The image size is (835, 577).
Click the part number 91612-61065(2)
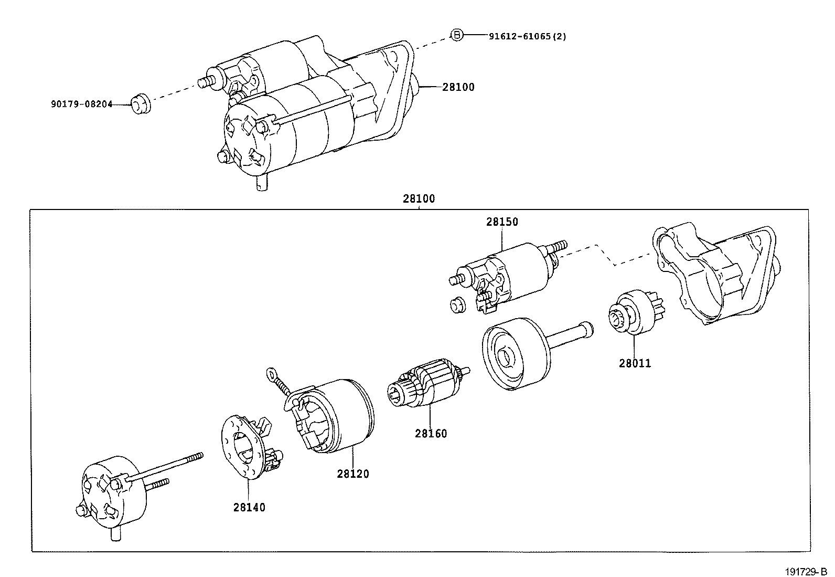point(527,36)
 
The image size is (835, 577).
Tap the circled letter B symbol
point(457,35)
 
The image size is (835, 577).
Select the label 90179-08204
point(81,104)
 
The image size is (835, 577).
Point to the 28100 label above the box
point(419,199)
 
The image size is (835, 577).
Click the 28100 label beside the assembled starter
point(458,87)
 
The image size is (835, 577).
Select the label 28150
point(501,222)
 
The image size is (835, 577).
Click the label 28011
point(635,363)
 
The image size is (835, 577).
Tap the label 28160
point(431,434)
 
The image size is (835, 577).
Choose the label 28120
point(353,474)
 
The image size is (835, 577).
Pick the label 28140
point(249,507)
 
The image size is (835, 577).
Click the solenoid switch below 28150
point(511,276)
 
